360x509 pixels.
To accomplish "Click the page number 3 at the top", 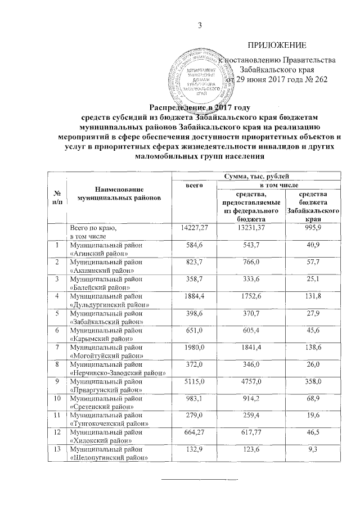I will [199, 24].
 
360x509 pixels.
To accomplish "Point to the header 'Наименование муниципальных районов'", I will [119, 193].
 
